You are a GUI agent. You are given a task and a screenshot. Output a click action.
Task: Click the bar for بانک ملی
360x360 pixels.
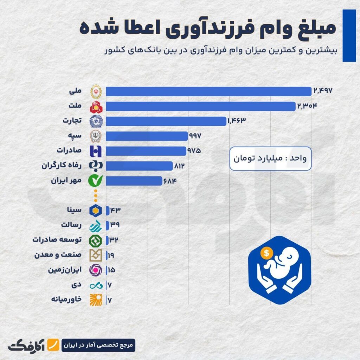[x=208, y=91]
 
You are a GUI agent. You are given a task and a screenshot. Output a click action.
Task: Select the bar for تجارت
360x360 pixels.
[x=166, y=121]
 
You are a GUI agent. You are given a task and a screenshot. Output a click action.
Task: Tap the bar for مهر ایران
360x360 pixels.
[x=134, y=181]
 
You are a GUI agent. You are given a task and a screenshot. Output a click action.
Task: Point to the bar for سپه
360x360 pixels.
[x=147, y=136]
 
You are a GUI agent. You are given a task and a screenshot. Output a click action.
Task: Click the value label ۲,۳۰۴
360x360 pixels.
[x=307, y=106]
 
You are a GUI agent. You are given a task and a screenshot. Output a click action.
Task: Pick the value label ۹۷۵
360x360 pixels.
[x=194, y=151]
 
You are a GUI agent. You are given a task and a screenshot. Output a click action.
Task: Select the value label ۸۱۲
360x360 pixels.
[x=179, y=166]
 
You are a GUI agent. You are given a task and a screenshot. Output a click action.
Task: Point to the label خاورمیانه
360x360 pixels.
[x=66, y=300]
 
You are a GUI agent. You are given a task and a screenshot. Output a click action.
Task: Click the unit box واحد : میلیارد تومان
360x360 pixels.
[x=270, y=159]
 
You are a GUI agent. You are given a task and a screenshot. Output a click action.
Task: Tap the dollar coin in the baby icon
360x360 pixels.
[x=266, y=253]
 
